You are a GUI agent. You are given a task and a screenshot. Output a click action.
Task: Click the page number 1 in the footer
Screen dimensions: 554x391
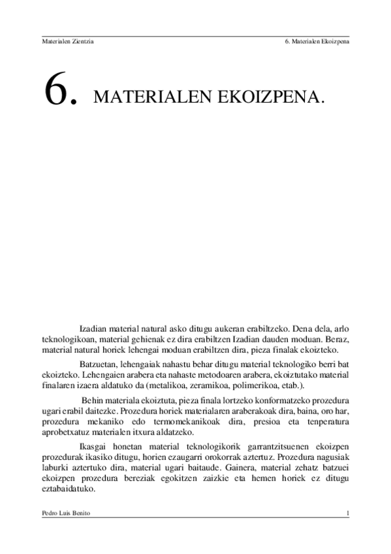pos(348,513)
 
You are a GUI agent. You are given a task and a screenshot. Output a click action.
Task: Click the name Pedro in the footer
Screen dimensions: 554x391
pos(49,513)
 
